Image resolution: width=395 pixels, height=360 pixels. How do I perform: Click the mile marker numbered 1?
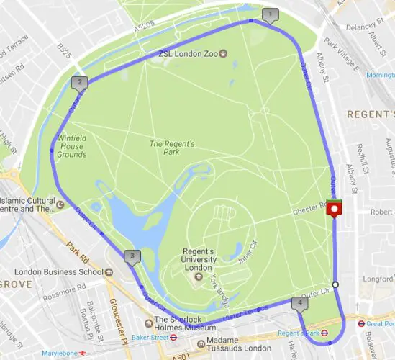271,14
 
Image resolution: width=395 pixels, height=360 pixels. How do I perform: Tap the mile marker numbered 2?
78,83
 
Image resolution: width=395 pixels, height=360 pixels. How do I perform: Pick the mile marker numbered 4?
299,304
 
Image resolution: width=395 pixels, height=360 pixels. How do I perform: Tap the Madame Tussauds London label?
222,343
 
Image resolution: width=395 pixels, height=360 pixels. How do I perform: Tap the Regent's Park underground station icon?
324,333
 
